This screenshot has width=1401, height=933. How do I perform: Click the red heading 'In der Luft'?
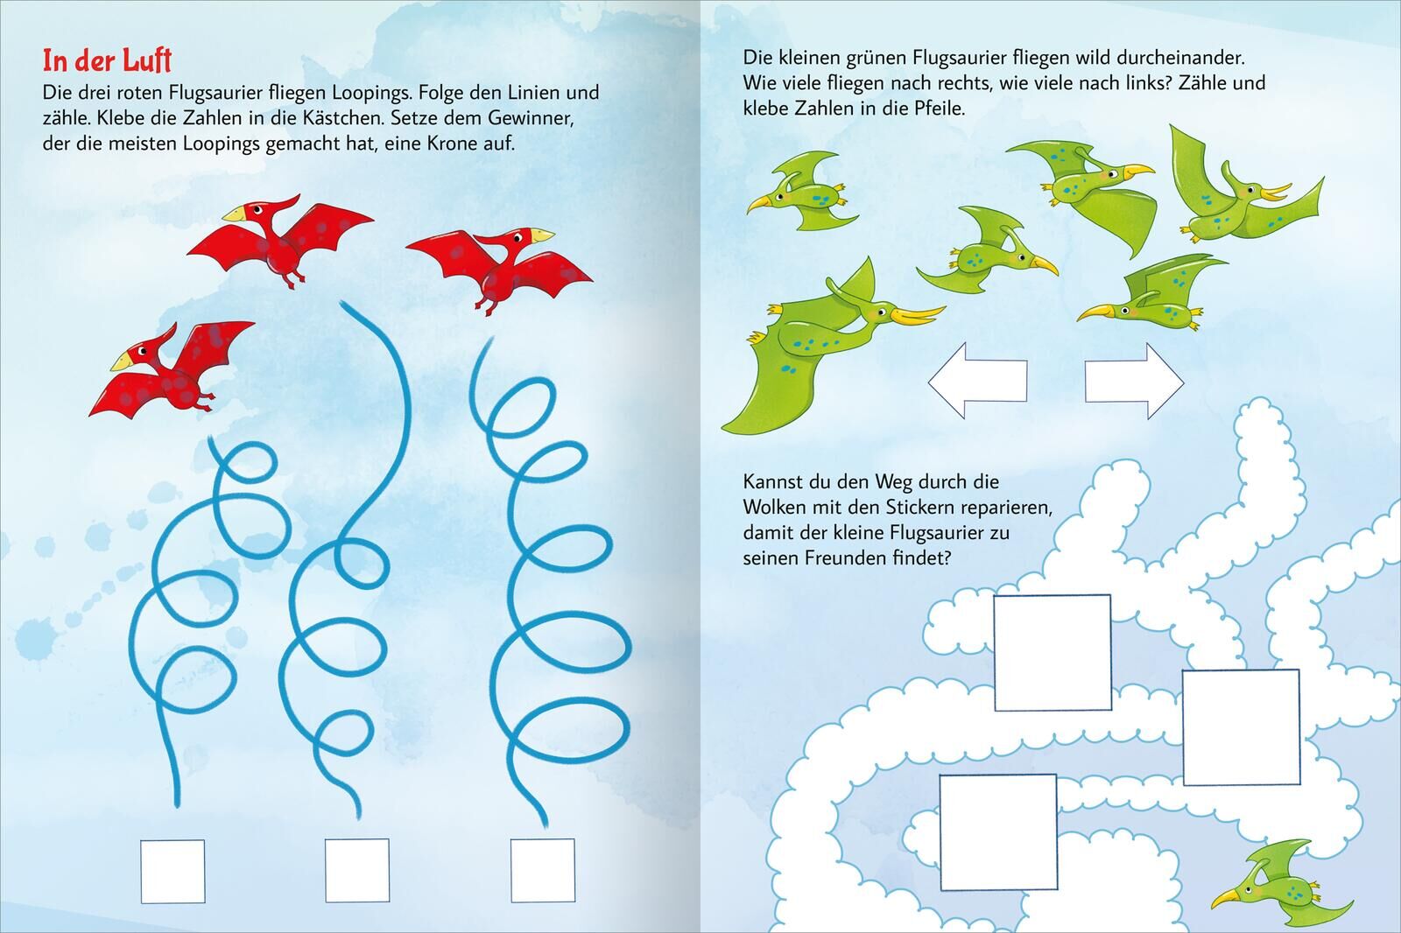107,60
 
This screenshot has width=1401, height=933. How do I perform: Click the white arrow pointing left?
977,380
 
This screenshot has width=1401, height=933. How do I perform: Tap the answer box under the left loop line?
172,871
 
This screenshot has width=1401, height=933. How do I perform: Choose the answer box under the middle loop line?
357,871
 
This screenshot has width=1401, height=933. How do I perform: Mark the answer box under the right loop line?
543,871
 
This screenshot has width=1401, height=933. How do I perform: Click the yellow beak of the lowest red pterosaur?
122,361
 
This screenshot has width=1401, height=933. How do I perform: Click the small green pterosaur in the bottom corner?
1282,881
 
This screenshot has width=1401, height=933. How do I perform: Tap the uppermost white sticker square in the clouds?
1053,653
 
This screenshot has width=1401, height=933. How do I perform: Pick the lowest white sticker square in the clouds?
998,832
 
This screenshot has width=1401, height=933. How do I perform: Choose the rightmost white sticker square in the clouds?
1242,727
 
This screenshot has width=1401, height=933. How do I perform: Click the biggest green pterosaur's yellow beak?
919,315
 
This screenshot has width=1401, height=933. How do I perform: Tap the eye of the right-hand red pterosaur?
517,238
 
